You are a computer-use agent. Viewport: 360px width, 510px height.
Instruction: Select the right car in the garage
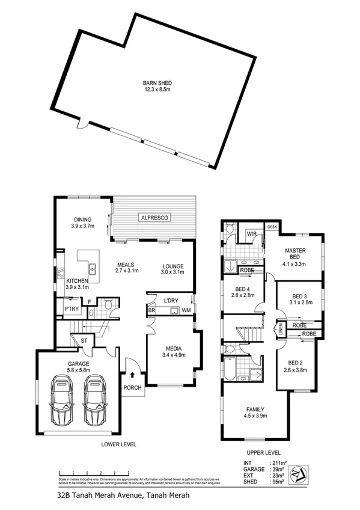[95, 400]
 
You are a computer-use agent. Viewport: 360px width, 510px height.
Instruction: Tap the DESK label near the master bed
[272, 227]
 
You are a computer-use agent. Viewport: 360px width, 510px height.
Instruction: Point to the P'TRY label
[73, 309]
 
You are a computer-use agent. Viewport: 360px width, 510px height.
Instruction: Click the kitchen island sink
[94, 269]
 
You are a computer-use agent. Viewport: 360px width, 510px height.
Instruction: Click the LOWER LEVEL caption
[118, 444]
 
